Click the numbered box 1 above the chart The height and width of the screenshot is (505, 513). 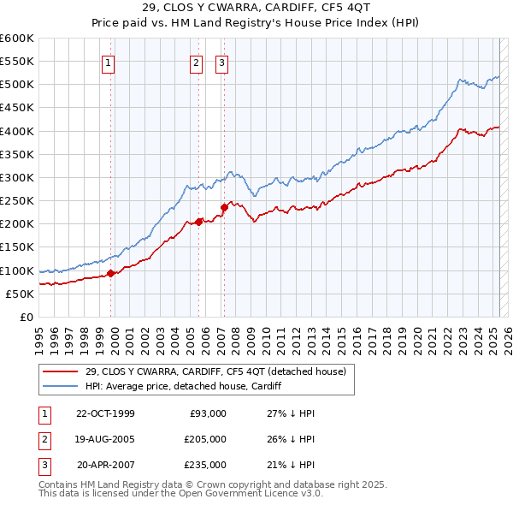109,62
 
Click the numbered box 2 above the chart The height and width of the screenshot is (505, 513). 196,62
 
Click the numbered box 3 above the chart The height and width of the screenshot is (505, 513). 221,62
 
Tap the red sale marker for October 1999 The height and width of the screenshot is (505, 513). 111,274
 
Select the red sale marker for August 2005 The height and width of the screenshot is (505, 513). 199,222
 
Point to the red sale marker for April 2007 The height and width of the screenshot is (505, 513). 224,206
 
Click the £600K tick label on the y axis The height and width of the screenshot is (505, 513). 17,39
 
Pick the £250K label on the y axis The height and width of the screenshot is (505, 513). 17,201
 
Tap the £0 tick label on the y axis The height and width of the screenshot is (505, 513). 26,318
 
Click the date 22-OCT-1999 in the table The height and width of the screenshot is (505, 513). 105,413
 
